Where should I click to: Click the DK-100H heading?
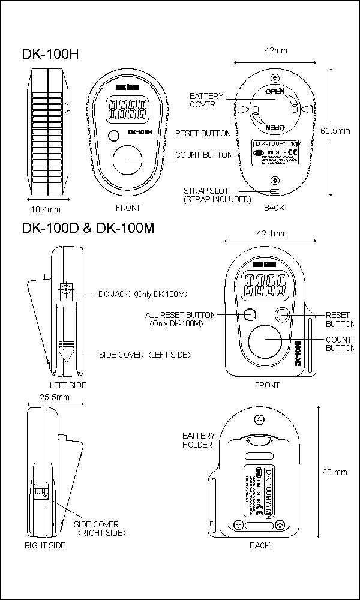click(50, 53)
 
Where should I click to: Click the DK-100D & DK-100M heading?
click(88, 228)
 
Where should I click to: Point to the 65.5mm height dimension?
click(335, 130)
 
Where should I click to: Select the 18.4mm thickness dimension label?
click(46, 209)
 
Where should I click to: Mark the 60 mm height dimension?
click(335, 472)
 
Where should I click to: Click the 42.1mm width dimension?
click(271, 233)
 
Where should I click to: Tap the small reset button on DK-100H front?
click(115, 135)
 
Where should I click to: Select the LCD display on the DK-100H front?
click(127, 109)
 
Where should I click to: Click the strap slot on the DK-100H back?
click(274, 191)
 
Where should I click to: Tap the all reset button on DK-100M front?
click(250, 314)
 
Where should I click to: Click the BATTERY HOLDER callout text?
click(197, 440)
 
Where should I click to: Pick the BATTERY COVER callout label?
click(206, 100)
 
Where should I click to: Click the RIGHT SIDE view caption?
click(45, 545)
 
